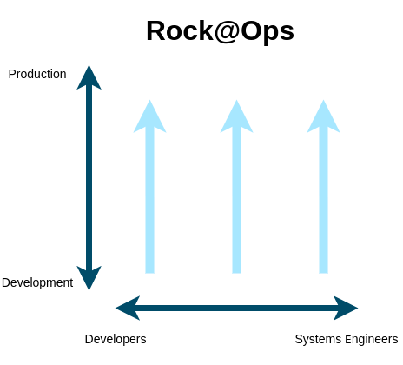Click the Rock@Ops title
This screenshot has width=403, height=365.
221,31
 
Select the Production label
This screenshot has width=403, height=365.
37,74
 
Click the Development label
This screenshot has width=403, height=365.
37,282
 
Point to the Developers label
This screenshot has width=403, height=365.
116,339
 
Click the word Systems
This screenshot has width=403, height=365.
318,340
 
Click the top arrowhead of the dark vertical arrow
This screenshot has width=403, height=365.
89,77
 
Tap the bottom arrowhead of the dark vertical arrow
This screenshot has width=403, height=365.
89,278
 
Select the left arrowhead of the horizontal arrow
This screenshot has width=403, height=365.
128,308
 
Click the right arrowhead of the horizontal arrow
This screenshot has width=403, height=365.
346,308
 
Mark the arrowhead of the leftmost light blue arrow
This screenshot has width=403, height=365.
149,116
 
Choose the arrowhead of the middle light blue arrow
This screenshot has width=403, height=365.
236,116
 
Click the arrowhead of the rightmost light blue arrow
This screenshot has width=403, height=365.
323,116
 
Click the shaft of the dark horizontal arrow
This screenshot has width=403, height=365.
237,308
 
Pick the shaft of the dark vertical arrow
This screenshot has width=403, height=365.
89,177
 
